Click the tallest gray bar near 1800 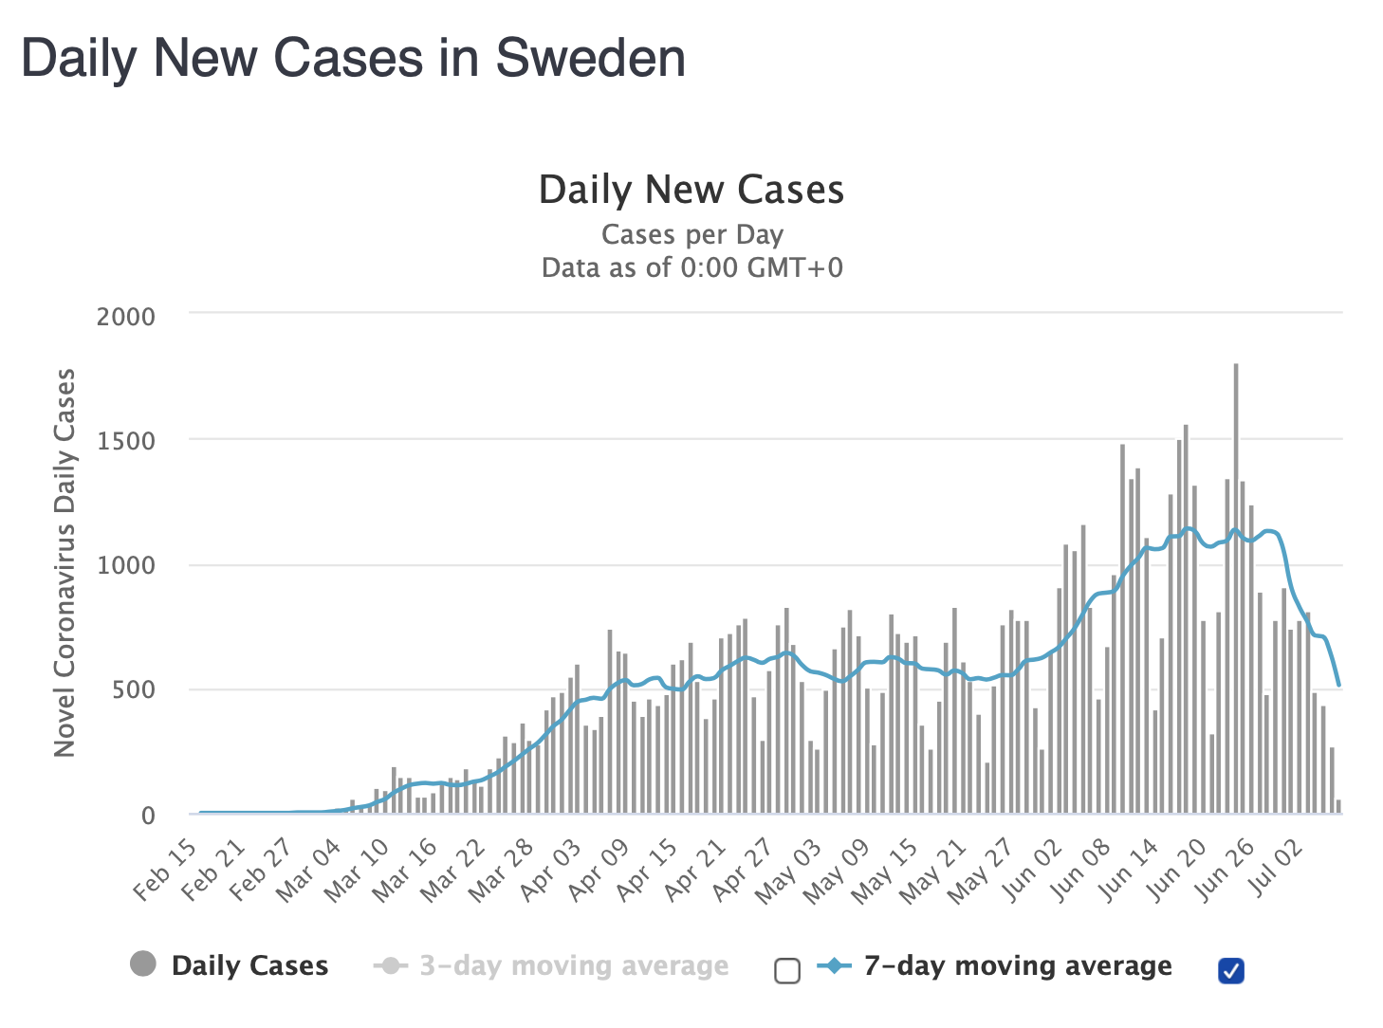click(1235, 588)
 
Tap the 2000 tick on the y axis click(125, 317)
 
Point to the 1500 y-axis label click(125, 441)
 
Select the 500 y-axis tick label click(133, 689)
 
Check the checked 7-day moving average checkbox click(1230, 970)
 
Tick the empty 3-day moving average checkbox click(787, 971)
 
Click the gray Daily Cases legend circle click(143, 965)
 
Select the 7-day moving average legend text click(1018, 965)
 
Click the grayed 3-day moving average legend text click(574, 965)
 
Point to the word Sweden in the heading click(590, 59)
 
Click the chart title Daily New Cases click(691, 190)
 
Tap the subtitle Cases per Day click(691, 234)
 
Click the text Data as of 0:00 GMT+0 click(691, 267)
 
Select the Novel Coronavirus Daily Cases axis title click(65, 562)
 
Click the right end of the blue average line click(1338, 684)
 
